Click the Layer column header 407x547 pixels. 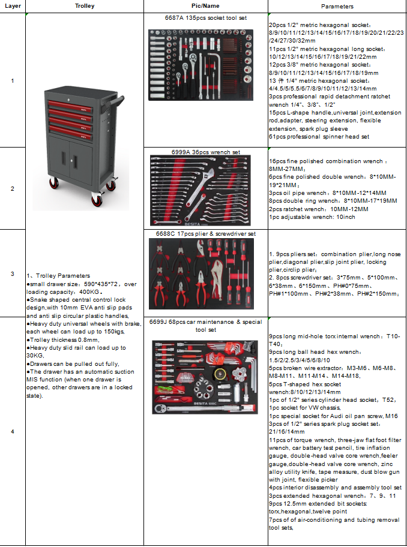[x=13, y=5]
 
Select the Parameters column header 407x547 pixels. [x=337, y=5]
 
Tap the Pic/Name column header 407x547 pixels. [x=206, y=5]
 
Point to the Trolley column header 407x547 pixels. [x=85, y=5]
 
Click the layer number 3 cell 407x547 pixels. [x=13, y=273]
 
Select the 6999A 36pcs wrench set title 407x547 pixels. [x=198, y=152]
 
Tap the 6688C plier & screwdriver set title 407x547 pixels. [x=206, y=233]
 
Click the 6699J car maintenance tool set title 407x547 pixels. [x=205, y=326]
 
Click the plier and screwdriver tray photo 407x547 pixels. [x=202, y=273]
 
